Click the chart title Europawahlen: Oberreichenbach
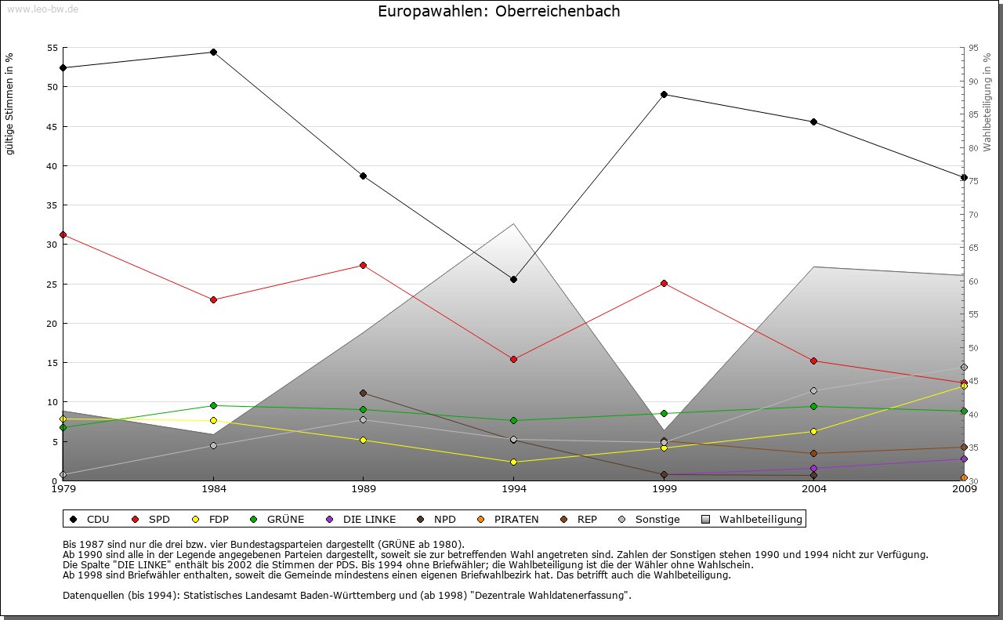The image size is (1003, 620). tap(499, 12)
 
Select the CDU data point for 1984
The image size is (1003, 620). tap(213, 53)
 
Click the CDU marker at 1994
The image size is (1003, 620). tap(514, 280)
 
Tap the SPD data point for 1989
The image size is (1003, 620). tap(363, 266)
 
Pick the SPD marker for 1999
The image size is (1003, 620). tap(664, 284)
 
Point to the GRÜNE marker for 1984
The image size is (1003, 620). tap(213, 406)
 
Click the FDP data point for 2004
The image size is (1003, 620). tap(814, 432)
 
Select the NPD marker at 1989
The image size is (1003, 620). tap(363, 393)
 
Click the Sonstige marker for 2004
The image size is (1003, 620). tap(814, 391)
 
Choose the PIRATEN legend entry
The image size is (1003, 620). tap(509, 520)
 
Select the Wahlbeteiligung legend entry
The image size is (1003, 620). tap(752, 520)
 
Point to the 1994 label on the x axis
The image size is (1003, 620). tap(514, 491)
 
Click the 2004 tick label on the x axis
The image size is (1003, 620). tap(814, 491)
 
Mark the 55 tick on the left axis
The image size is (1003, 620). tap(52, 48)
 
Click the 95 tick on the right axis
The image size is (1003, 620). tap(973, 48)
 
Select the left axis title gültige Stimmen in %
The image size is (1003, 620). tap(10, 103)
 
